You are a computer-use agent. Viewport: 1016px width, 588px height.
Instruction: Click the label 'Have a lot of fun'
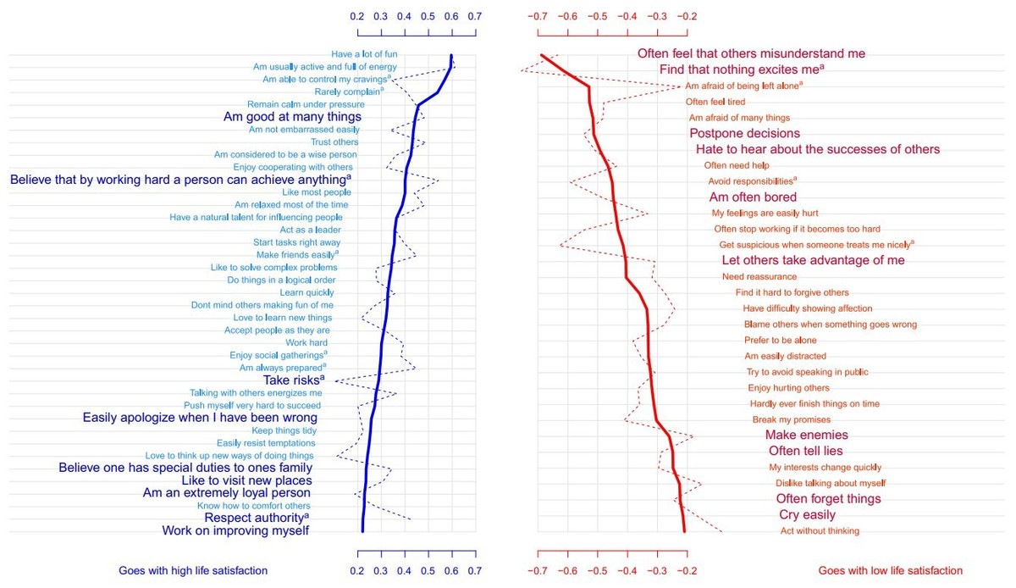(x=364, y=54)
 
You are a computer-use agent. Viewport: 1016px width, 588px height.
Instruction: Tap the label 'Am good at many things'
(x=292, y=117)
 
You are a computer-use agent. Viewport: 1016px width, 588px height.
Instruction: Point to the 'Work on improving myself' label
(x=235, y=531)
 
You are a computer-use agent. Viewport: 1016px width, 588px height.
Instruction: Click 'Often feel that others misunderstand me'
(x=751, y=53)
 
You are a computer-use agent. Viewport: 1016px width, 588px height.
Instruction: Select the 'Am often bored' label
(x=752, y=197)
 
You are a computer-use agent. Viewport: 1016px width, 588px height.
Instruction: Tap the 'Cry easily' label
(x=806, y=515)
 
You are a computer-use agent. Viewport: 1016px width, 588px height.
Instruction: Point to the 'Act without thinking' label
(x=820, y=531)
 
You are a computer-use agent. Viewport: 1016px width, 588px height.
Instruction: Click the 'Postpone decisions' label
(x=744, y=133)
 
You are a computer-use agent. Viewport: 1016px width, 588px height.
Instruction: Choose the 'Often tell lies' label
(x=805, y=451)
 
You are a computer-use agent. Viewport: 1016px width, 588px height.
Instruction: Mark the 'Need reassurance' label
(x=759, y=277)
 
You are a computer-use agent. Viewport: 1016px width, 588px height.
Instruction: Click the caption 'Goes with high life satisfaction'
(x=193, y=571)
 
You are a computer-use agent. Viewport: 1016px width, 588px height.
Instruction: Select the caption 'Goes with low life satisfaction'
(x=890, y=571)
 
